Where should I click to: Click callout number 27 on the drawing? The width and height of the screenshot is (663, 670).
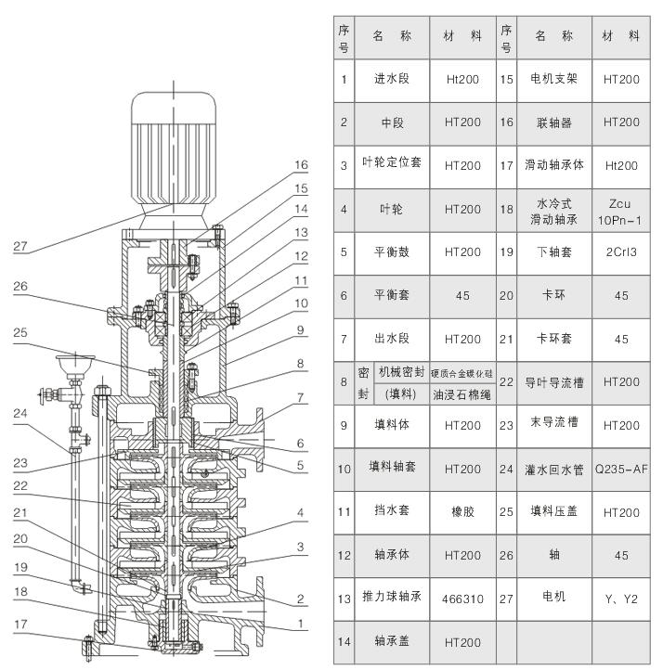point(20,246)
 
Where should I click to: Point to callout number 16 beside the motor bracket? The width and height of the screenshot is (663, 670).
point(300,165)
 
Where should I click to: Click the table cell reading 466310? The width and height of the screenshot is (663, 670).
point(461,599)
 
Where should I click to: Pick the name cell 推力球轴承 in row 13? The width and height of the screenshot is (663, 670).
point(391,599)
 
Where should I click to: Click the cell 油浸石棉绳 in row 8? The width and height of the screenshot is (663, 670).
point(461,393)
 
